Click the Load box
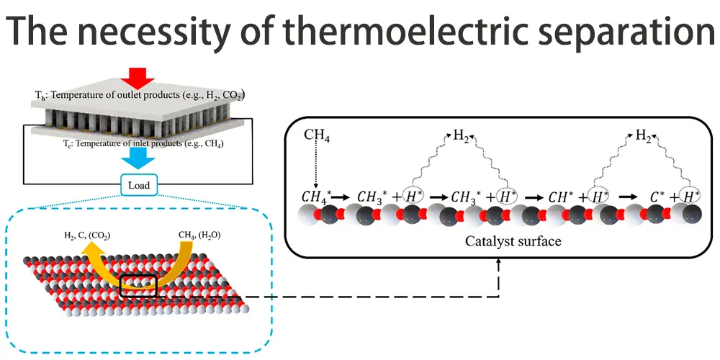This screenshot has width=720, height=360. point(139,185)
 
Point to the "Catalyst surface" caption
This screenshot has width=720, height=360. point(512,242)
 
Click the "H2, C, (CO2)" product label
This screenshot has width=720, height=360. point(86,235)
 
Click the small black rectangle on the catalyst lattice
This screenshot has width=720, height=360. point(138,284)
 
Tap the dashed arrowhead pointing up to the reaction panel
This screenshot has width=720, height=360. point(499,264)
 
